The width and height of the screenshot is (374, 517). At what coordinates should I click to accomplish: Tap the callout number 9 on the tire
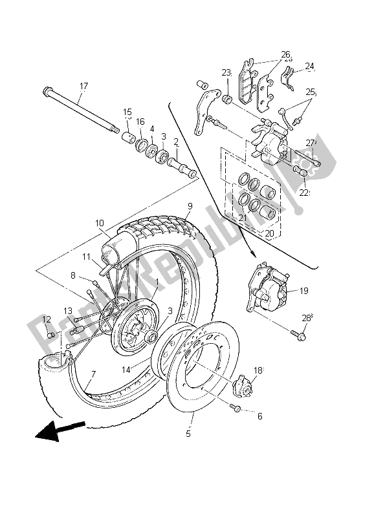coord(190,207)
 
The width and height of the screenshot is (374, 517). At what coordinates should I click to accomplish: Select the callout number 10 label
coord(99,224)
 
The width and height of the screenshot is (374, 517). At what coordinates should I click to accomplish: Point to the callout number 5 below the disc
coord(188,434)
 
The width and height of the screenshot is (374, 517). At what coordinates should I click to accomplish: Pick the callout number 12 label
coord(47,319)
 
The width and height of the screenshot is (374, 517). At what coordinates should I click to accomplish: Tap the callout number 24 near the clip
coord(309,66)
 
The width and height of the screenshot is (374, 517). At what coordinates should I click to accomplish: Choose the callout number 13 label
coord(68,311)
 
